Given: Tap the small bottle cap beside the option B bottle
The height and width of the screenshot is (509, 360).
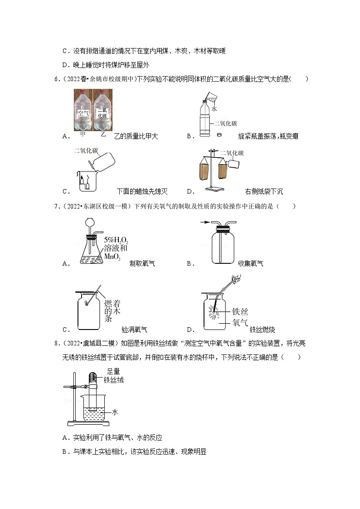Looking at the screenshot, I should click(x=219, y=134).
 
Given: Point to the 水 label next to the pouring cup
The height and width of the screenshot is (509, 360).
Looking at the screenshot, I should click(x=214, y=109).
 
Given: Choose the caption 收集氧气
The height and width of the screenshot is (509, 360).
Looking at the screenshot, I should click(x=250, y=263).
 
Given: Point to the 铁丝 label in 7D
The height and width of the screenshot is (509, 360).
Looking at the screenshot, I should click(x=240, y=312).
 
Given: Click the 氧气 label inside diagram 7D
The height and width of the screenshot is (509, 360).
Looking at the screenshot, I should click(x=239, y=322).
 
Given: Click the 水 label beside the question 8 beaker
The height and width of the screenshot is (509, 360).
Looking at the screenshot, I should click(x=115, y=412).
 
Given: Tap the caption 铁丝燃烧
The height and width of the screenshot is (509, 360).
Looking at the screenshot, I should click(x=262, y=330).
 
